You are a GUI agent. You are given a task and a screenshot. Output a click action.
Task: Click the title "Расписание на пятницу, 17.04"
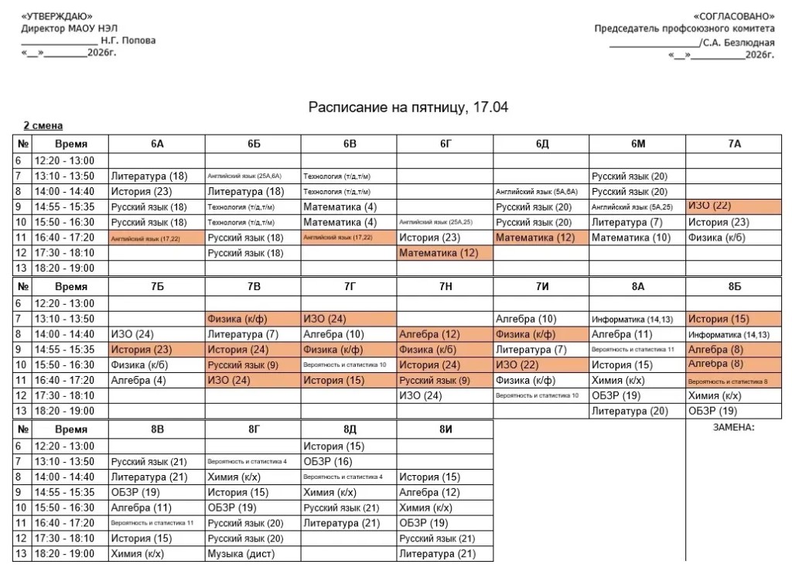(408, 107)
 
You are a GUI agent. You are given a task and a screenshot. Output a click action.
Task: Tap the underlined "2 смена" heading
(43, 125)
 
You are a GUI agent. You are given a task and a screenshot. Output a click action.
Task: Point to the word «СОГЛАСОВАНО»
(734, 16)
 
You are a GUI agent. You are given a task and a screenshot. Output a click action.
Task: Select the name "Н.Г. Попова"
(128, 40)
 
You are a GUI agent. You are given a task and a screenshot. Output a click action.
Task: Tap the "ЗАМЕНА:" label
(733, 427)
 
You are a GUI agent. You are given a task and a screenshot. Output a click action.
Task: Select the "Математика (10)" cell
(631, 238)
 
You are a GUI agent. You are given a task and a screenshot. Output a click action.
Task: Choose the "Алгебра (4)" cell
(138, 380)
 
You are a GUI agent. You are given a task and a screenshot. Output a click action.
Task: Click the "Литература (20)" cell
(630, 411)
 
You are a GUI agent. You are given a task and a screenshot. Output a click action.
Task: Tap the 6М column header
(637, 144)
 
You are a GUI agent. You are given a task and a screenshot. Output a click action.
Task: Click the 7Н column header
(445, 286)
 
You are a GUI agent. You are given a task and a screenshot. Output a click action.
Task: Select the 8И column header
(445, 429)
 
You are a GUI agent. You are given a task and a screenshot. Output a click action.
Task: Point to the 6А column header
(157, 144)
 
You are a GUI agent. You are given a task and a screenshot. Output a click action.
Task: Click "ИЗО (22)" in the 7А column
(709, 206)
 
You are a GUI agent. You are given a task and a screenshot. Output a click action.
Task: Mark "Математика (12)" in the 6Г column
(439, 253)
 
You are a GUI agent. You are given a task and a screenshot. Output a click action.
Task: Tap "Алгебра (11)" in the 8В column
(141, 508)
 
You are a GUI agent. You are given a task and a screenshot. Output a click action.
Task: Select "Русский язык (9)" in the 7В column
(243, 364)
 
